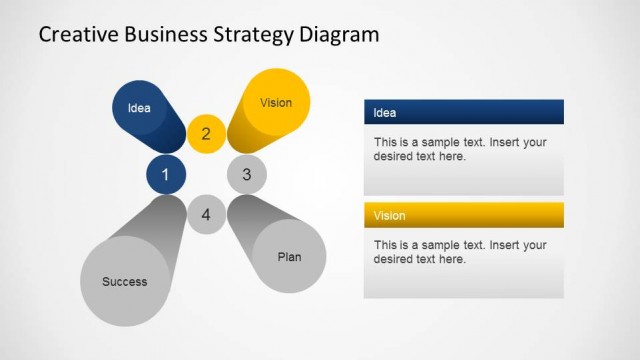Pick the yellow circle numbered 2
click(x=206, y=134)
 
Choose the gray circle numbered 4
click(x=206, y=214)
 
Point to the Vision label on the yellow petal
click(x=276, y=102)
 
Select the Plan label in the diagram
click(x=289, y=257)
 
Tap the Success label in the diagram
click(x=125, y=281)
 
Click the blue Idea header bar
click(x=463, y=112)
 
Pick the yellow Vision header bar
click(x=463, y=215)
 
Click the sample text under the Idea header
click(x=460, y=149)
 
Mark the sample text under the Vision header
click(x=460, y=252)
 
